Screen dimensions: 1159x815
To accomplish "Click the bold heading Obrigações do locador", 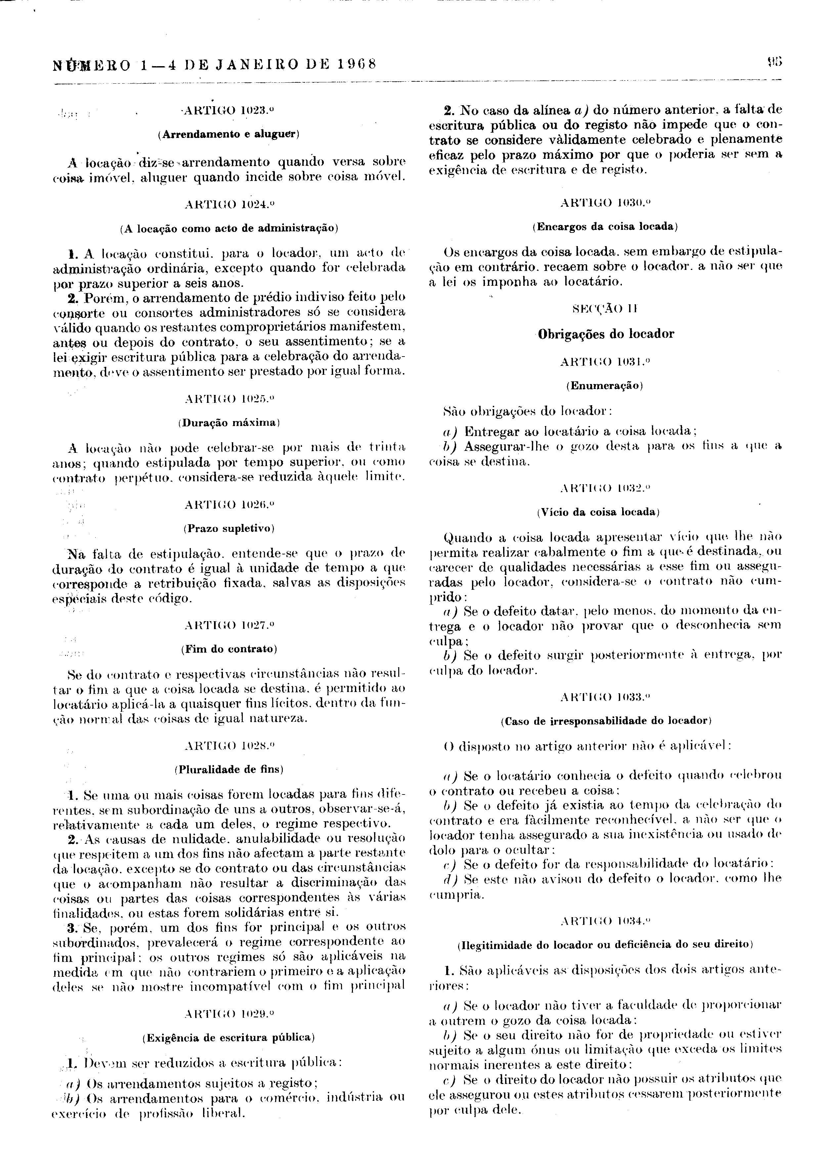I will click(606, 334).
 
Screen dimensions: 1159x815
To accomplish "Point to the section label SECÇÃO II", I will click(606, 309).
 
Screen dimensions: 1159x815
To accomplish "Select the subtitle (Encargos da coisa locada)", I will click(606, 227).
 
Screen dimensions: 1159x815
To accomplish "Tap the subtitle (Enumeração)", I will click(606, 386).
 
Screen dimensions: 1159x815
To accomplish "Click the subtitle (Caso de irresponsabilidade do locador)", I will click(606, 721).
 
